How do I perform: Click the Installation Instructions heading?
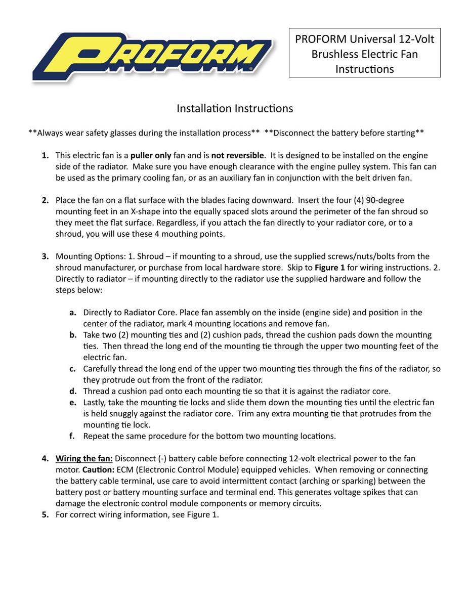(234, 108)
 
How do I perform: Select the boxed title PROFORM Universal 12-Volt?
(364, 39)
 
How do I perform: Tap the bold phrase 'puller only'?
(151, 155)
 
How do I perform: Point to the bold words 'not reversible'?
(237, 155)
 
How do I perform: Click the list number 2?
(45, 200)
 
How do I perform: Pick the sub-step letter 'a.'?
(73, 313)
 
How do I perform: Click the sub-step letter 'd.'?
(73, 391)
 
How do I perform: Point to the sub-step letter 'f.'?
(73, 436)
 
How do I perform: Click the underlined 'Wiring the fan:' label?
(84, 459)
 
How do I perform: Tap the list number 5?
(45, 515)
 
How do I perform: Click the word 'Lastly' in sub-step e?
(95, 403)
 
